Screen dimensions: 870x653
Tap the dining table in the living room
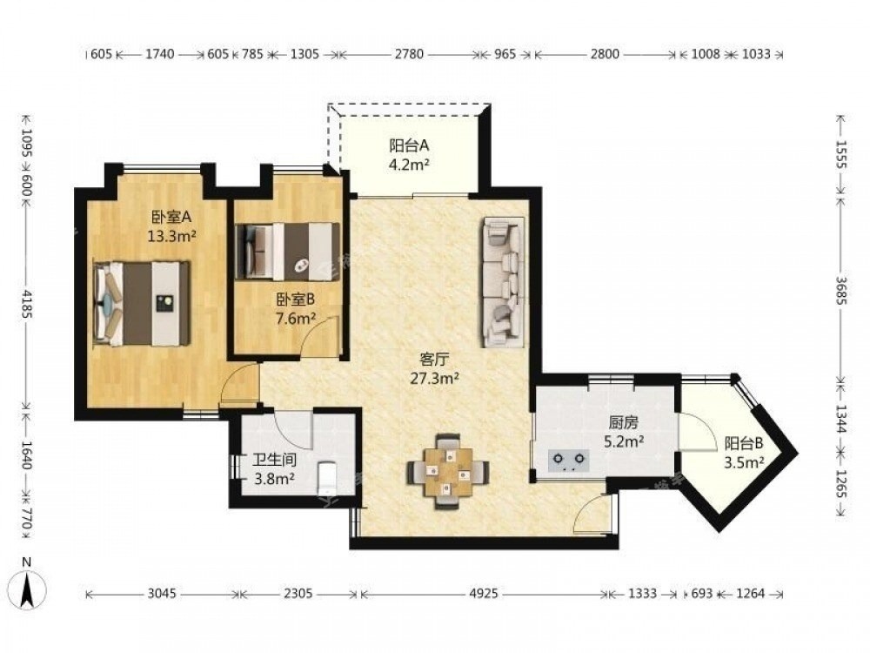point(448,472)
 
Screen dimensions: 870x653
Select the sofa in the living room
point(503,283)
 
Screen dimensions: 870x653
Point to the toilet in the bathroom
point(327,476)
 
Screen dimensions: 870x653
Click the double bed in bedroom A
point(143,303)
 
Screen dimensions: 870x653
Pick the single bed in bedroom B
point(287,251)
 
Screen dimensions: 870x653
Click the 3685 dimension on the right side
point(840,290)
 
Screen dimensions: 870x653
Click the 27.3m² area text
point(434,379)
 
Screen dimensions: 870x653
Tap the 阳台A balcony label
point(410,145)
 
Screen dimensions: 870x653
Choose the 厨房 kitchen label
point(623,423)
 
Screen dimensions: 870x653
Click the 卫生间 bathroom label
point(274,460)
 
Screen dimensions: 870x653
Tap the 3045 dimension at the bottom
point(162,594)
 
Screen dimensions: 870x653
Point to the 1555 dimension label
point(840,154)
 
